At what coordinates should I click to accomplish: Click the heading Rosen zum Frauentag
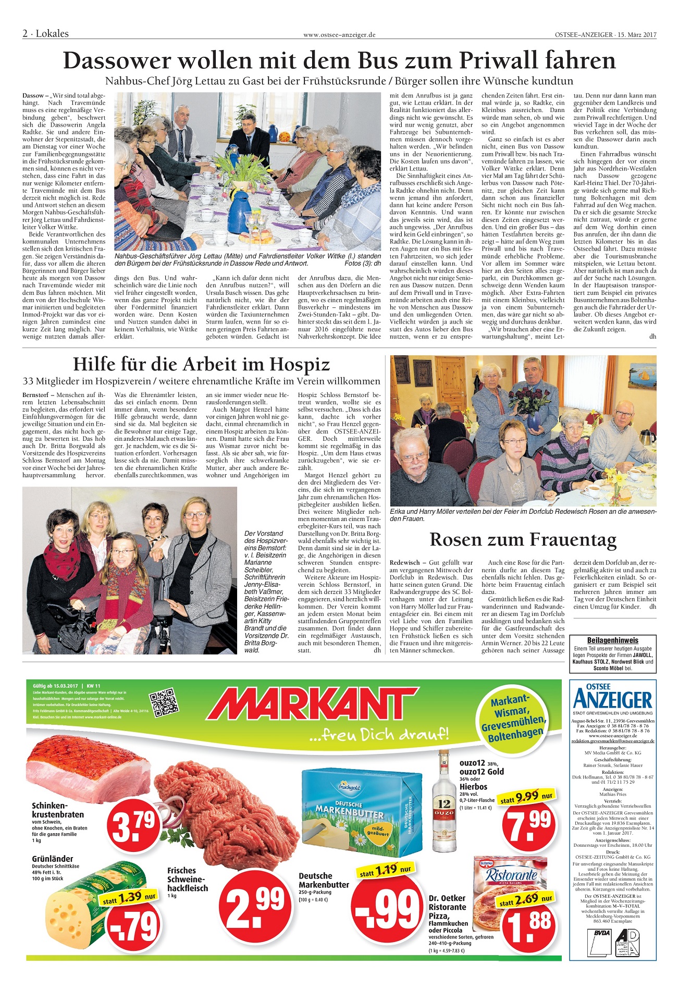(x=523, y=539)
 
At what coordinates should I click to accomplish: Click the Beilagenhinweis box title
(x=612, y=640)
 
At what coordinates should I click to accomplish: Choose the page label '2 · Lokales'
(x=46, y=34)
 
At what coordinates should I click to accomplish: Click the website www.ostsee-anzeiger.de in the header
(x=339, y=35)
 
